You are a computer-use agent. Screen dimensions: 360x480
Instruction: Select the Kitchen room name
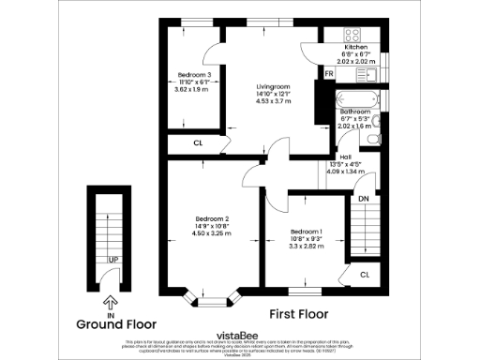[x=355, y=47]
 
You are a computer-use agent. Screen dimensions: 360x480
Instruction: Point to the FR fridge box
[x=328, y=73]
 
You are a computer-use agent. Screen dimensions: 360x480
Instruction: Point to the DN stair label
[x=363, y=198]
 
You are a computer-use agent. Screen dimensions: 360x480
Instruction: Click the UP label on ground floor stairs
[x=112, y=259]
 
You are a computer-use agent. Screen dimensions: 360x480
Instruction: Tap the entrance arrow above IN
[x=112, y=302]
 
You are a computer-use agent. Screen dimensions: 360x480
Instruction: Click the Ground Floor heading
[x=112, y=324]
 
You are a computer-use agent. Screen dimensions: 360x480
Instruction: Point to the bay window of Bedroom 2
[x=215, y=299]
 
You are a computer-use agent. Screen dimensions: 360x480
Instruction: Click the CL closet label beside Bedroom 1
[x=365, y=274]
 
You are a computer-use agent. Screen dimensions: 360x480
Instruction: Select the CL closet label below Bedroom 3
[x=198, y=143]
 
